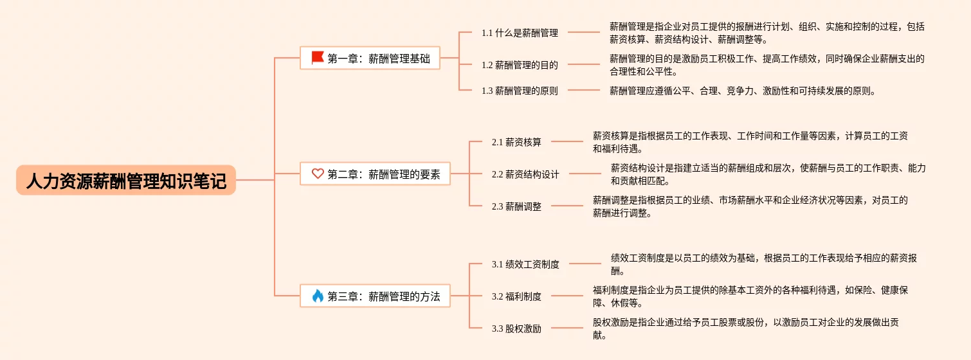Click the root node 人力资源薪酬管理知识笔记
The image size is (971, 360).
pos(126,181)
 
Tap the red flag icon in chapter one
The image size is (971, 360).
pos(318,58)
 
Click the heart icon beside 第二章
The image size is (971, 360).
pos(318,174)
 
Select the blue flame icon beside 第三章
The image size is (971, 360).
pos(318,296)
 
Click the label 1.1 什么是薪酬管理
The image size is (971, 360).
pos(520,33)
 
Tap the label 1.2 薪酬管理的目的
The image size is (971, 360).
pos(520,64)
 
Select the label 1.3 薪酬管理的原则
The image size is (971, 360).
pos(520,91)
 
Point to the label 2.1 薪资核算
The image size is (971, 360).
pos(516,142)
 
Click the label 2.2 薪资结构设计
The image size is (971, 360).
pos(525,174)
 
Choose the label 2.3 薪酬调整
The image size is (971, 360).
pos(516,206)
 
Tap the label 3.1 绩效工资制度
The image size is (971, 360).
pos(525,264)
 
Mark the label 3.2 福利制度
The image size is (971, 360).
pos(516,296)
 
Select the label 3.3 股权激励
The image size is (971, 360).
pos(516,328)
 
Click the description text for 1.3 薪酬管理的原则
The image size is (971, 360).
pos(742,91)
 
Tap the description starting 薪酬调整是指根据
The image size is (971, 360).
pos(750,206)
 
